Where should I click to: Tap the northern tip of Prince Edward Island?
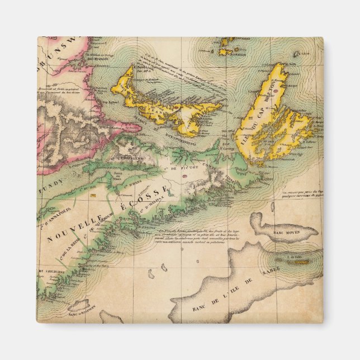coord(132,68)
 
